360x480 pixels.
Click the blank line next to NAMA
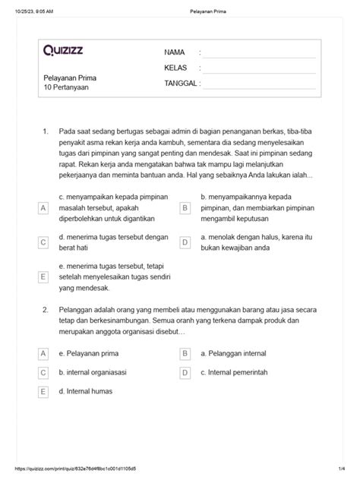(258, 52)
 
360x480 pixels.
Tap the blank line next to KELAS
(258, 68)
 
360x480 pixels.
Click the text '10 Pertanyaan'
(67, 88)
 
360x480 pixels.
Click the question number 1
(46, 131)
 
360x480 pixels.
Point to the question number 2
(46, 311)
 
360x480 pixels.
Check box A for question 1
(43, 207)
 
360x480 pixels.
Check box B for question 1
(185, 207)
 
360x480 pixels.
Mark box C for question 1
(43, 242)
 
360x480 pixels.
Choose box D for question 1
(185, 242)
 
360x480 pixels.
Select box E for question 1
(43, 278)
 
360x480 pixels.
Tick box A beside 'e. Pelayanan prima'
(43, 354)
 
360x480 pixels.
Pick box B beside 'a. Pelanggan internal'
(185, 354)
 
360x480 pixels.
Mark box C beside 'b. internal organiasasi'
(43, 373)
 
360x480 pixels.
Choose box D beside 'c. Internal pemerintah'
(185, 373)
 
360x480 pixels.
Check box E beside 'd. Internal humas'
(43, 392)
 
